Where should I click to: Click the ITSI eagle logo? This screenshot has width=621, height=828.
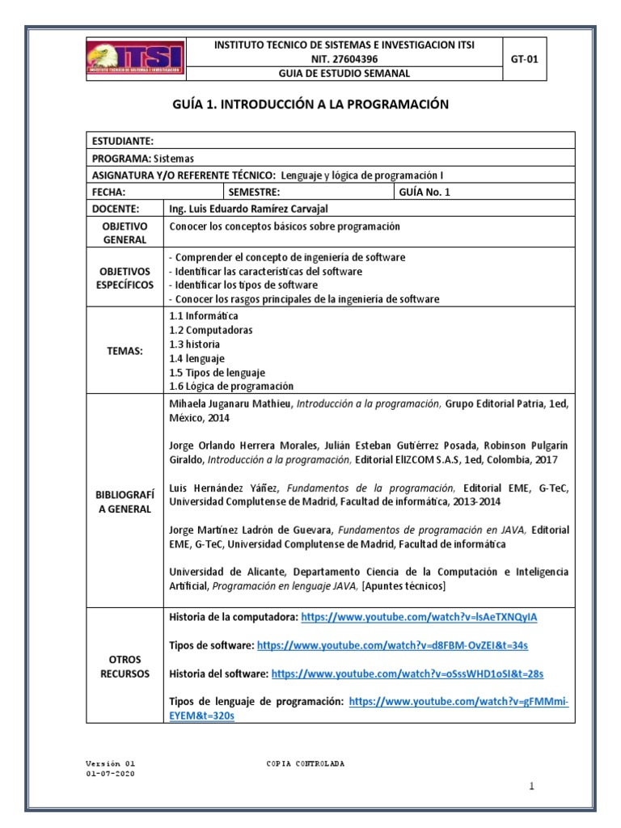click(135, 58)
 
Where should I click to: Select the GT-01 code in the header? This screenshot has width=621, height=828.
click(525, 58)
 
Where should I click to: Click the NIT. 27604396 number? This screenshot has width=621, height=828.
click(344, 58)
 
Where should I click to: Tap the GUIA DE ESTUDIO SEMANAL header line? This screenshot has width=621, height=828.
click(344, 73)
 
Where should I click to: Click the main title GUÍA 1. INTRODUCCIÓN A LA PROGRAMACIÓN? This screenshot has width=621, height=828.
click(310, 105)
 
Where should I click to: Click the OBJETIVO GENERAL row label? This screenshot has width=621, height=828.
click(125, 233)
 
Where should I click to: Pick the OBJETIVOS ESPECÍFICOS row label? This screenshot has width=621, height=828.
click(125, 278)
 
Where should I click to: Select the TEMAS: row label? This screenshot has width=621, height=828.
click(125, 351)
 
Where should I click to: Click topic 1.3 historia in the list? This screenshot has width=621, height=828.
click(194, 344)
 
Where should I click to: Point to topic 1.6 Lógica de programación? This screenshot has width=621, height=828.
click(231, 387)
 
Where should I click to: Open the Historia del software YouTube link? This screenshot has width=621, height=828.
click(407, 673)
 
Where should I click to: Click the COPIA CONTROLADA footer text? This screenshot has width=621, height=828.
click(306, 763)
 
